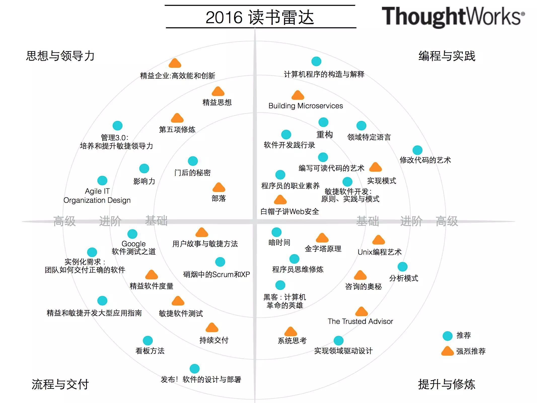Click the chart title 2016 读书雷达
coord(260,17)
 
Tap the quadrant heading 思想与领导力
coord(60,56)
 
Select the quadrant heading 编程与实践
coord(447,56)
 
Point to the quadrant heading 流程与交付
coord(60,384)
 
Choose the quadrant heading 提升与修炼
coord(447,384)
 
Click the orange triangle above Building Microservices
coord(298,95)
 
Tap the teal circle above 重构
coord(323,122)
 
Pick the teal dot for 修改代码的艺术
coord(417,150)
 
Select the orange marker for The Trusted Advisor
coord(362,312)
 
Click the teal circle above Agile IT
coord(102,180)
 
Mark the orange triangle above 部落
coord(219,187)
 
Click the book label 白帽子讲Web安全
coord(290,211)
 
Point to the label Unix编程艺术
coord(379,252)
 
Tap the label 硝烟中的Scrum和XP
coord(217,275)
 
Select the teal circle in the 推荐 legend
coord(447,336)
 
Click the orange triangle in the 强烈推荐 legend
coord(447,351)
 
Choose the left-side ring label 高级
coord(64,221)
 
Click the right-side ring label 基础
coord(368,221)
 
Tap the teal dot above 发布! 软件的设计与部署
coord(194,369)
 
